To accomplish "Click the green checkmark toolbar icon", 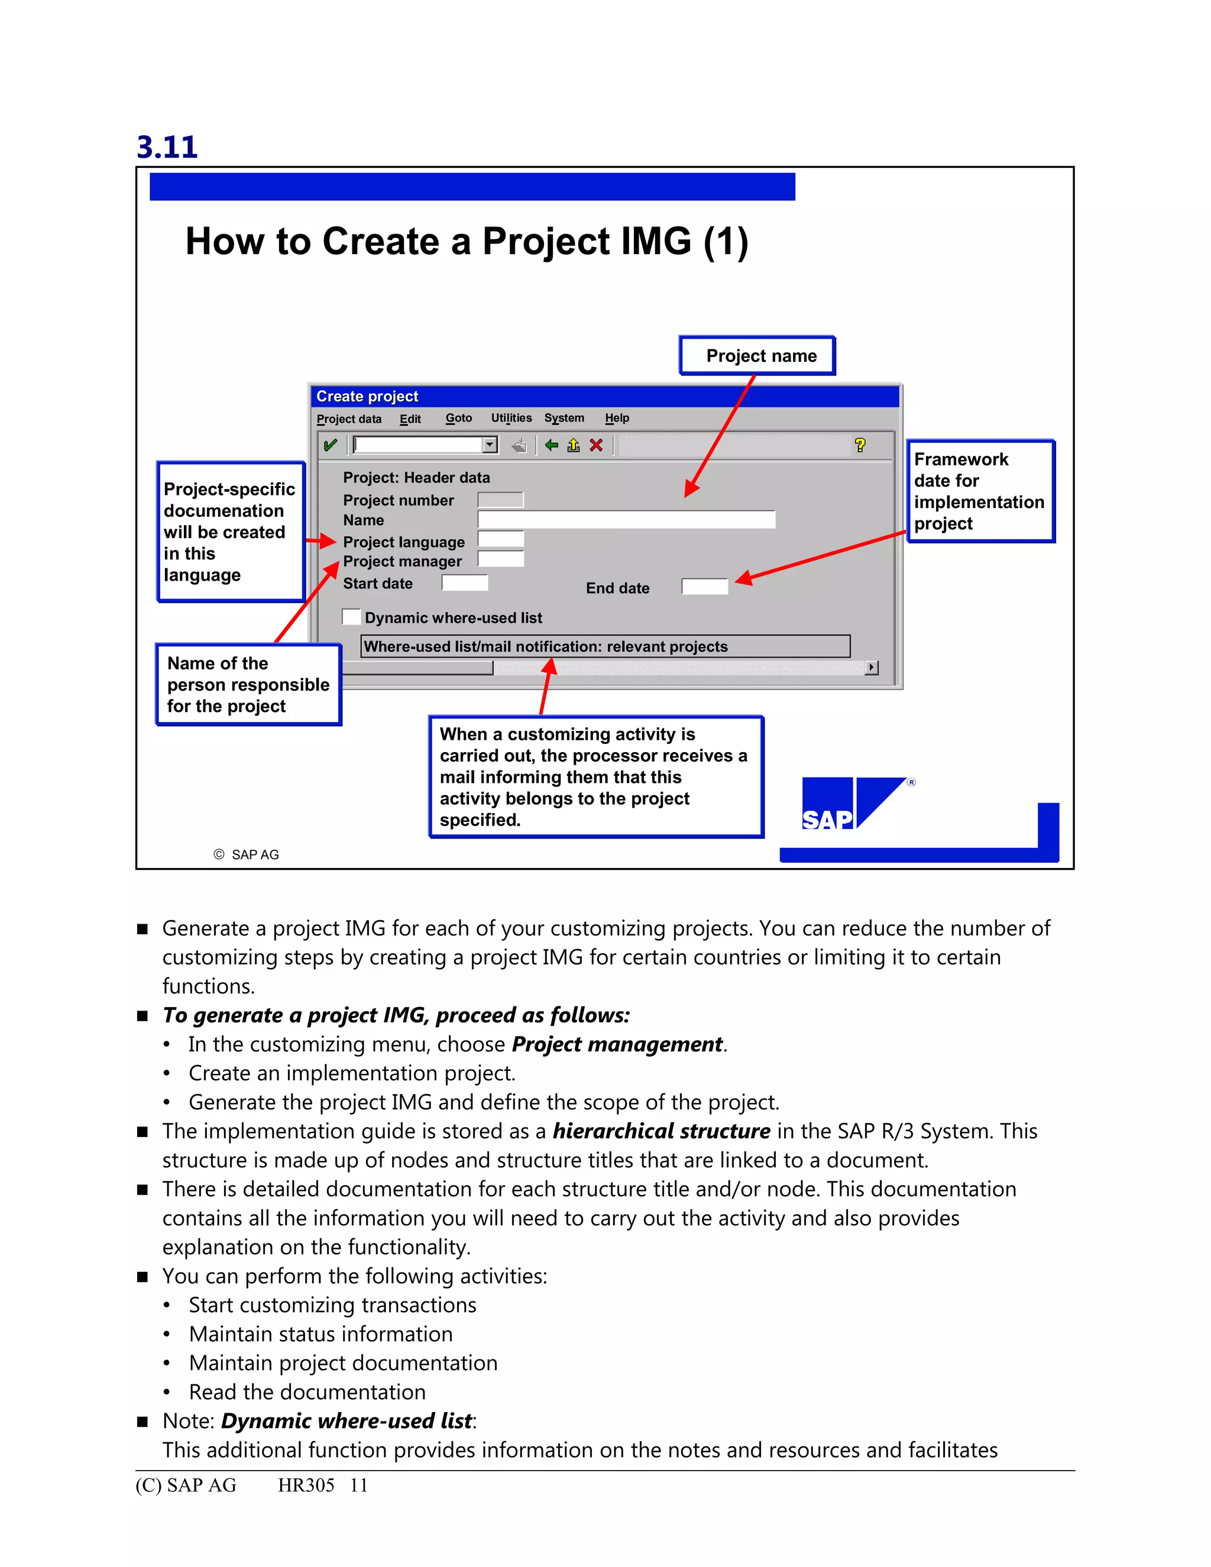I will click(330, 446).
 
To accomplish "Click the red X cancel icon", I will click(595, 446).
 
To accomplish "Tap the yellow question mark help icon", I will click(859, 446).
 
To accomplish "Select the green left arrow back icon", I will click(551, 446).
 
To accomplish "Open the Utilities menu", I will click(511, 418).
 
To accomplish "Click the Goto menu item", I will click(458, 418).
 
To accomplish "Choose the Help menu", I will click(616, 418).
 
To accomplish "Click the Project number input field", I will click(500, 500).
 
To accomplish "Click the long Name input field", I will click(626, 519).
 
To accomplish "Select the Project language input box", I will click(500, 539).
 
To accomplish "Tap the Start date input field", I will click(464, 582).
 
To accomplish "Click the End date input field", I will click(704, 587).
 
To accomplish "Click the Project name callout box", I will click(757, 356).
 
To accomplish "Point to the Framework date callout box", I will click(979, 491).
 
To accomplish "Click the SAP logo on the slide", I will click(854, 804).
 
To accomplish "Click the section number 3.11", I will click(166, 147).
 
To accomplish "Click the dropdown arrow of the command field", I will click(489, 446).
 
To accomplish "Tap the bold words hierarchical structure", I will click(660, 1131).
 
